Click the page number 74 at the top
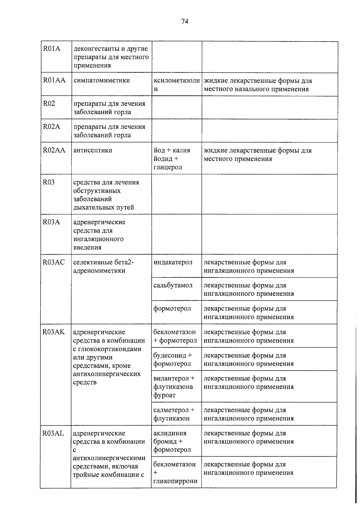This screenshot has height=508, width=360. click(184, 21)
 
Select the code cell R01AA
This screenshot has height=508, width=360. click(54, 80)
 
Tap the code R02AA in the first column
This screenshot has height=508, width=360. click(54, 150)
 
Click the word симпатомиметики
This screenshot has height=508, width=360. click(101, 80)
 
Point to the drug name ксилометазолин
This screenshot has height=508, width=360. click(176, 85)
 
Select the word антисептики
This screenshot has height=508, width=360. click(93, 150)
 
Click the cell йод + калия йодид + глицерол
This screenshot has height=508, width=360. click(172, 159)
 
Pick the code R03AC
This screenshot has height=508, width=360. click(53, 262)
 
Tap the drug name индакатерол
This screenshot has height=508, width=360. click(173, 262)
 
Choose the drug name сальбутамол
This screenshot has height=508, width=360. click(173, 285)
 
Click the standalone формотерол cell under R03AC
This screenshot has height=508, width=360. click(172, 308)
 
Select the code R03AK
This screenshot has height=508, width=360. click(53, 332)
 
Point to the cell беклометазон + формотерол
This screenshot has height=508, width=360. click(175, 336)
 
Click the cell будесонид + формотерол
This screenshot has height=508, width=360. click(172, 359)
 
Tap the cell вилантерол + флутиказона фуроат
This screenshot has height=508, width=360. click(174, 387)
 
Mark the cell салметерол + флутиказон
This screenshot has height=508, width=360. click(174, 414)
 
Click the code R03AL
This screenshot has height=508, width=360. click(53, 433)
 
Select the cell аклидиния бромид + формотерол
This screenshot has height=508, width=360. click(172, 441)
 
